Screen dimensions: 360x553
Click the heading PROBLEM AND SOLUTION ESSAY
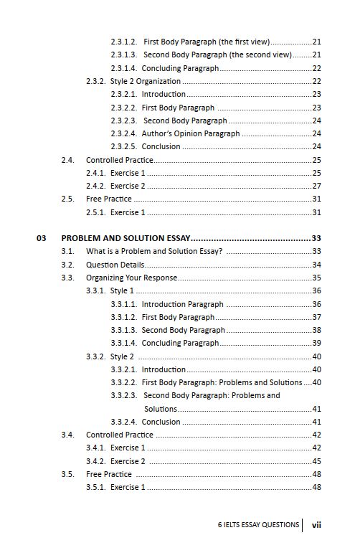pos(125,237)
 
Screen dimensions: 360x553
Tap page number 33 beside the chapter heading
pos(316,237)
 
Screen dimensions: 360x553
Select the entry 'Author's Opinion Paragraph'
pos(191,133)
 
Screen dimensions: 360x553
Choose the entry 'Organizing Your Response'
pos(131,278)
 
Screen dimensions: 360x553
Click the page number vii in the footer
pos(316,525)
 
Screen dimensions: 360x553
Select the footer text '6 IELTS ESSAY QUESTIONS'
pos(258,525)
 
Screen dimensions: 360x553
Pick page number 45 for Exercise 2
pos(316,461)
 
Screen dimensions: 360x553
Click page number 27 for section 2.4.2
pos(316,186)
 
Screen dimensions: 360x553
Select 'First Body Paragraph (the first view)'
pos(207,42)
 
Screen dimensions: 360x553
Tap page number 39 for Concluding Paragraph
pos(316,344)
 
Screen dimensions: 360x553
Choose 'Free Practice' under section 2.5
pos(109,199)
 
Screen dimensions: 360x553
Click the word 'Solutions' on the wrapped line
pos(160,409)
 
